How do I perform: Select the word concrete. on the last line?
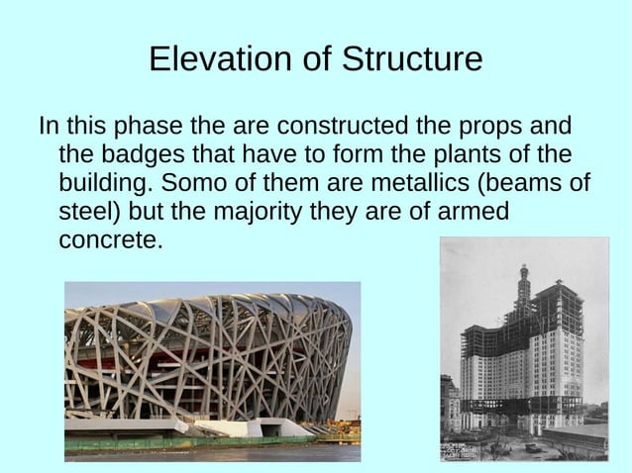tap(109, 239)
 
